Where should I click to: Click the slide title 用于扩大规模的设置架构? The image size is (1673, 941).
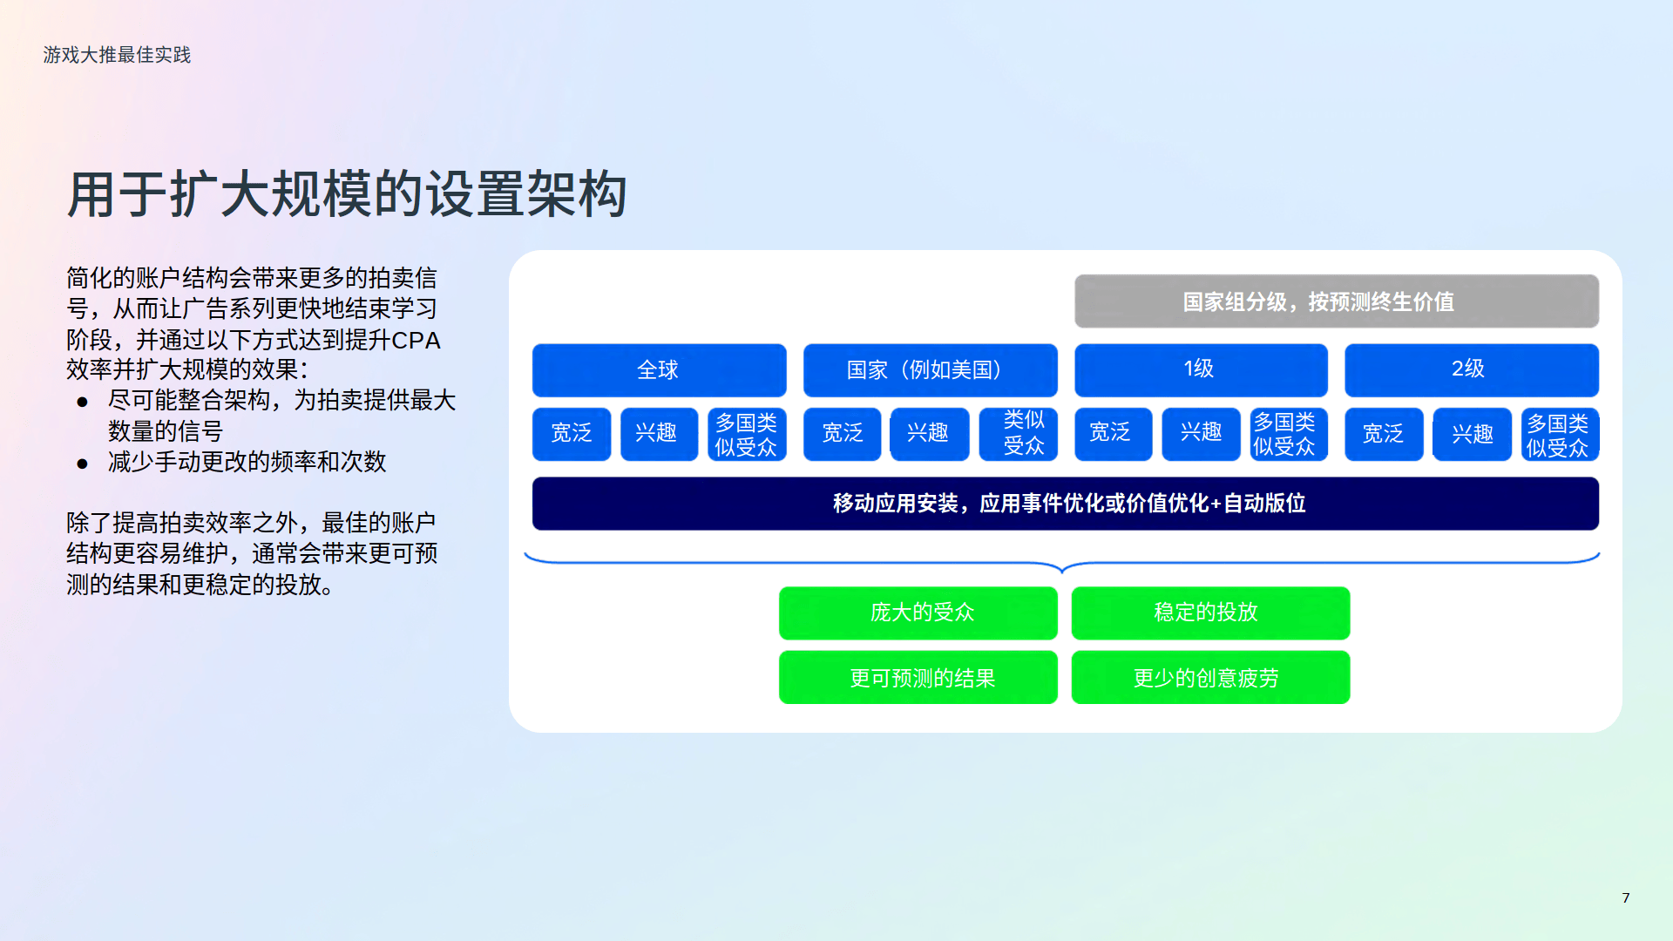coord(347,193)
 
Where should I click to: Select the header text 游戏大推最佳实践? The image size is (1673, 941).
coord(117,55)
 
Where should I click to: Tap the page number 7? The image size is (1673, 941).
coord(1626,897)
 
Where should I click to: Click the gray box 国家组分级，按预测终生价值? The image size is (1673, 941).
coord(1337,301)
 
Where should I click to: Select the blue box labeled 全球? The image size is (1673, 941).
coord(660,370)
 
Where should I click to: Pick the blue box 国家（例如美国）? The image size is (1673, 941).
coord(930,370)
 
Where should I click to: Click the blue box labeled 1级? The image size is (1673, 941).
coord(1201,369)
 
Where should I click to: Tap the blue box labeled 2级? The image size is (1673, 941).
coord(1472,369)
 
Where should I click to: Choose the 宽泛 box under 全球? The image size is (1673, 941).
coord(572,434)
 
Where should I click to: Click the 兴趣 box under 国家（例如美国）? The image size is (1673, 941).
coord(929,434)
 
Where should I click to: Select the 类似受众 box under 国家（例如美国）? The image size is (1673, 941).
coord(1019,434)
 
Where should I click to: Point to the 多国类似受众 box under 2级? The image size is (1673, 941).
coord(1560,434)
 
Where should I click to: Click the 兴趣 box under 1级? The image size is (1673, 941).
coord(1201,433)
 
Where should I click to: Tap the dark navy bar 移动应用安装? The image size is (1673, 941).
coord(1066,504)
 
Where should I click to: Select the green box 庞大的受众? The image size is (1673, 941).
coord(918,613)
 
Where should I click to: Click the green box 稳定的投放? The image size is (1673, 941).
coord(1210,613)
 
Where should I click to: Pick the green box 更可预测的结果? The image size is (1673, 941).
coord(918,677)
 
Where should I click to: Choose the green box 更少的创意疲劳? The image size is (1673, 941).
coord(1210,677)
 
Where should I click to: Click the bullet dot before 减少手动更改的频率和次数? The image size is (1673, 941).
coord(83,464)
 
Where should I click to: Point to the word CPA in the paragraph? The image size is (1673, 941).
coord(416,340)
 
